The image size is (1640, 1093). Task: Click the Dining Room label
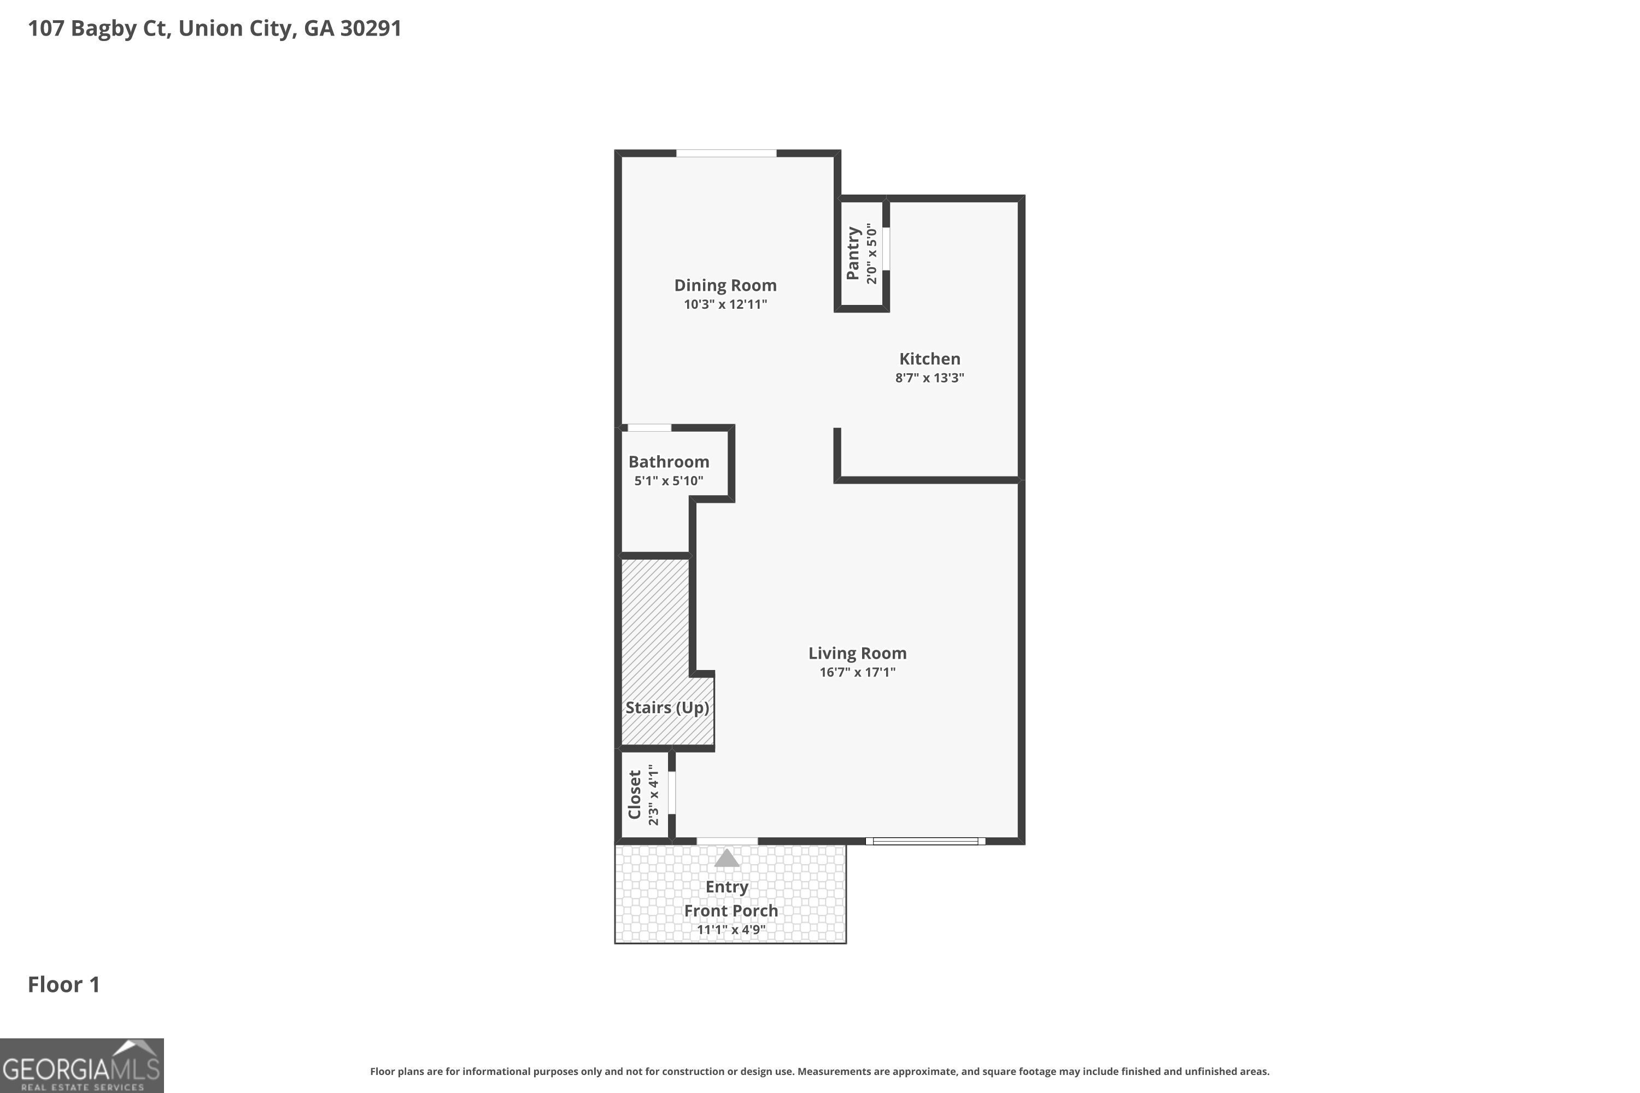(725, 285)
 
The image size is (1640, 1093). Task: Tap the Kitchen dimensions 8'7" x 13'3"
(929, 378)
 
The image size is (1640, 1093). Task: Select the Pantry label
(852, 253)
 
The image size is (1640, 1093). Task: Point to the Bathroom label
(669, 461)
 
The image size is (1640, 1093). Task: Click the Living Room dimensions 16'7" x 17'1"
(857, 672)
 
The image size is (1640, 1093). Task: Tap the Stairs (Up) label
(666, 708)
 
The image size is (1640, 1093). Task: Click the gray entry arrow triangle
(727, 858)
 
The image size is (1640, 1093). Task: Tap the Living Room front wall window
(926, 842)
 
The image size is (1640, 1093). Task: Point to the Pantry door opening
(886, 248)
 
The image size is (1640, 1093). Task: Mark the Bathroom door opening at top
(649, 428)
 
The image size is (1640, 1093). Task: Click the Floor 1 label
(63, 984)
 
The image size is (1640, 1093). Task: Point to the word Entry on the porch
(727, 886)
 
